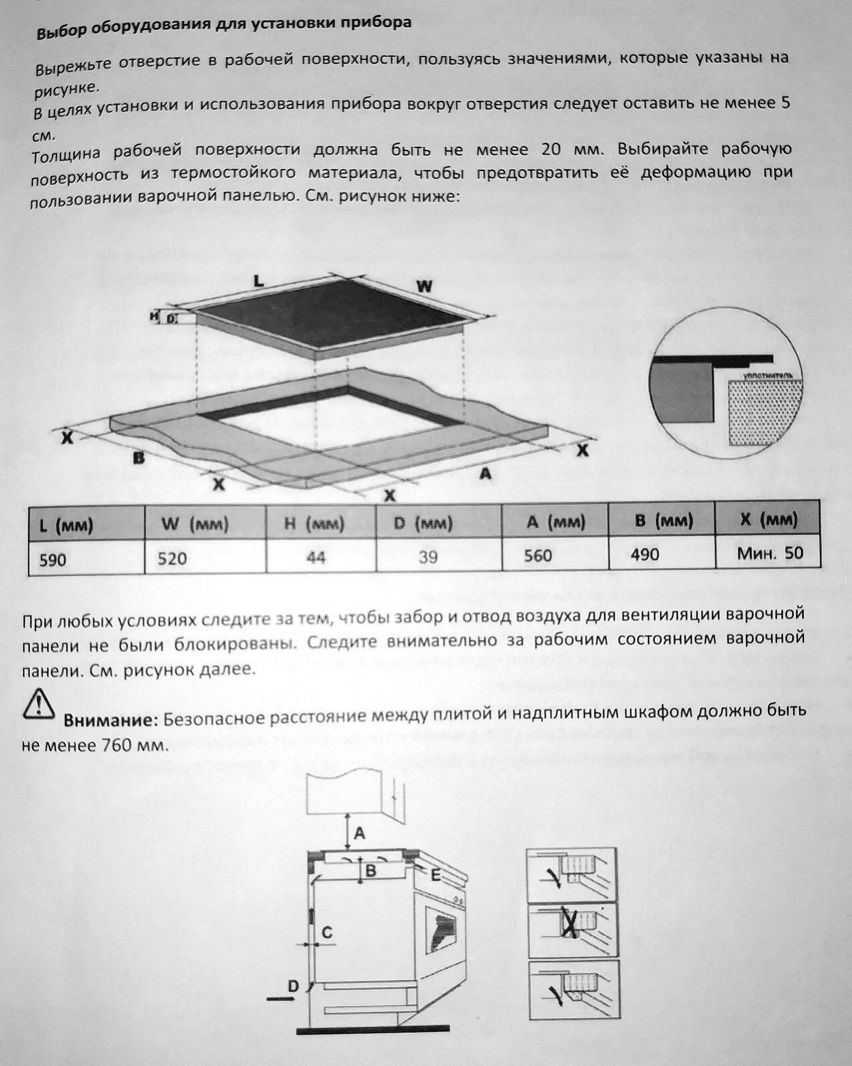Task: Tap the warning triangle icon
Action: click(38, 705)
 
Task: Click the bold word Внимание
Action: click(110, 720)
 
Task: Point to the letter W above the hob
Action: click(424, 286)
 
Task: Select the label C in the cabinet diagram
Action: click(327, 933)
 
